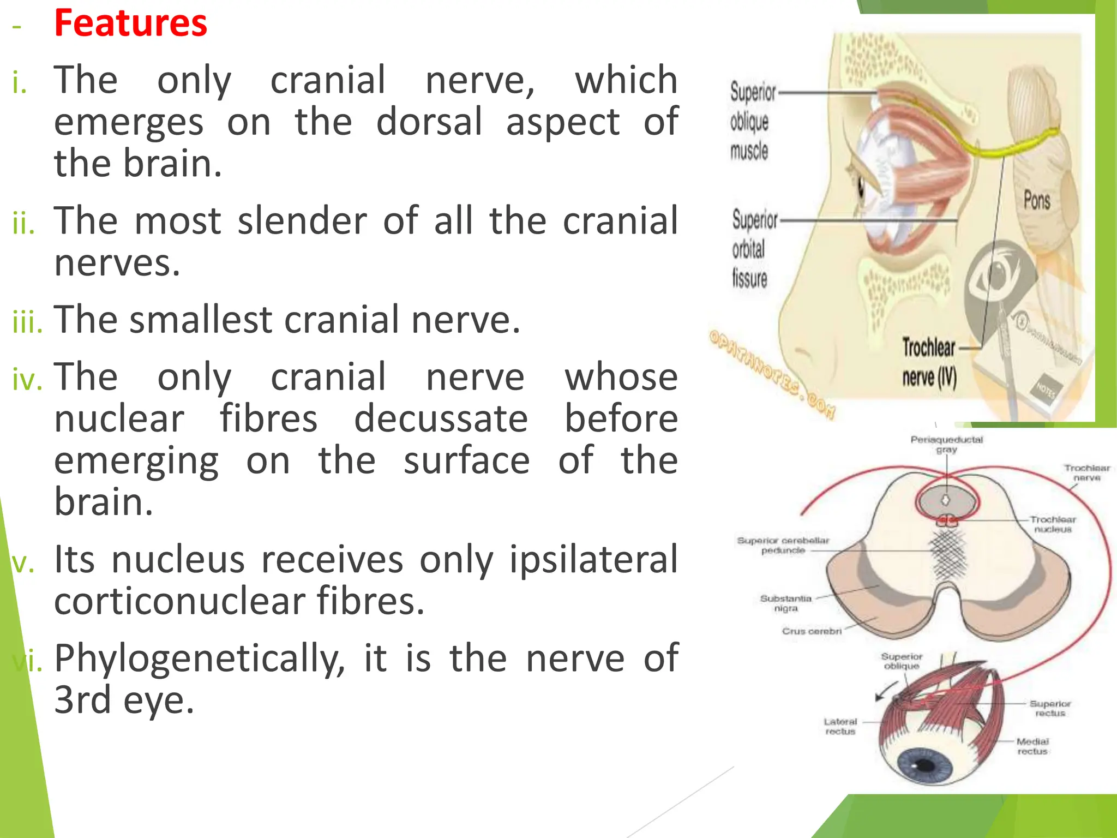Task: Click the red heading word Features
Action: point(130,24)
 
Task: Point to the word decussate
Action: point(441,419)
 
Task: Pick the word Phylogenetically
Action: point(200,659)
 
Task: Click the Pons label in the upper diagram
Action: point(1036,200)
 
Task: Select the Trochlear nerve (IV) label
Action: point(929,362)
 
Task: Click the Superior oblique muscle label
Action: point(752,122)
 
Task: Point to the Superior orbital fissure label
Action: point(754,249)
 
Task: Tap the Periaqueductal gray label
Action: point(946,445)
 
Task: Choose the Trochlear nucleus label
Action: point(1053,524)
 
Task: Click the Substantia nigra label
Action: point(785,603)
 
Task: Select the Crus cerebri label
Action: point(812,631)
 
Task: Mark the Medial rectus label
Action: point(1032,746)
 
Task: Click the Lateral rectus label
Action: point(840,726)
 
